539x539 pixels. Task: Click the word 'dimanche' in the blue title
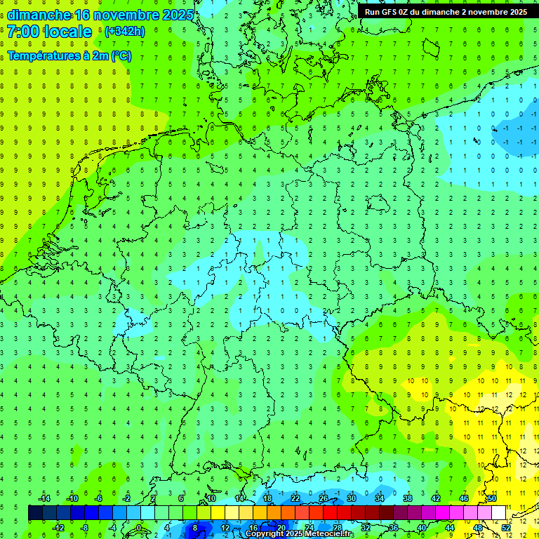(39, 15)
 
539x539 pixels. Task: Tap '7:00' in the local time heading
(22, 32)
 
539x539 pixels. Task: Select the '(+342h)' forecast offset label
(124, 32)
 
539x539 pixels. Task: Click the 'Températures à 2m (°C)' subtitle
(69, 55)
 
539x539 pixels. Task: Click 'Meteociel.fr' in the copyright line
(324, 534)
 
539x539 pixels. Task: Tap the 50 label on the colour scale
(492, 498)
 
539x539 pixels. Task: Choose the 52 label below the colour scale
(506, 528)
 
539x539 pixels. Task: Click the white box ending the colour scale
(499, 513)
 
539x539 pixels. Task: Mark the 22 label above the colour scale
(295, 498)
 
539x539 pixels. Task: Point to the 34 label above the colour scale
(380, 498)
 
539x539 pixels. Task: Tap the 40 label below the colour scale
(422, 528)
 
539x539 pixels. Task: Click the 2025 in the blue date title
(174, 15)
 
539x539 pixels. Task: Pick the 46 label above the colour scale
(464, 498)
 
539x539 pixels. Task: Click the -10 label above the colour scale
(72, 498)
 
